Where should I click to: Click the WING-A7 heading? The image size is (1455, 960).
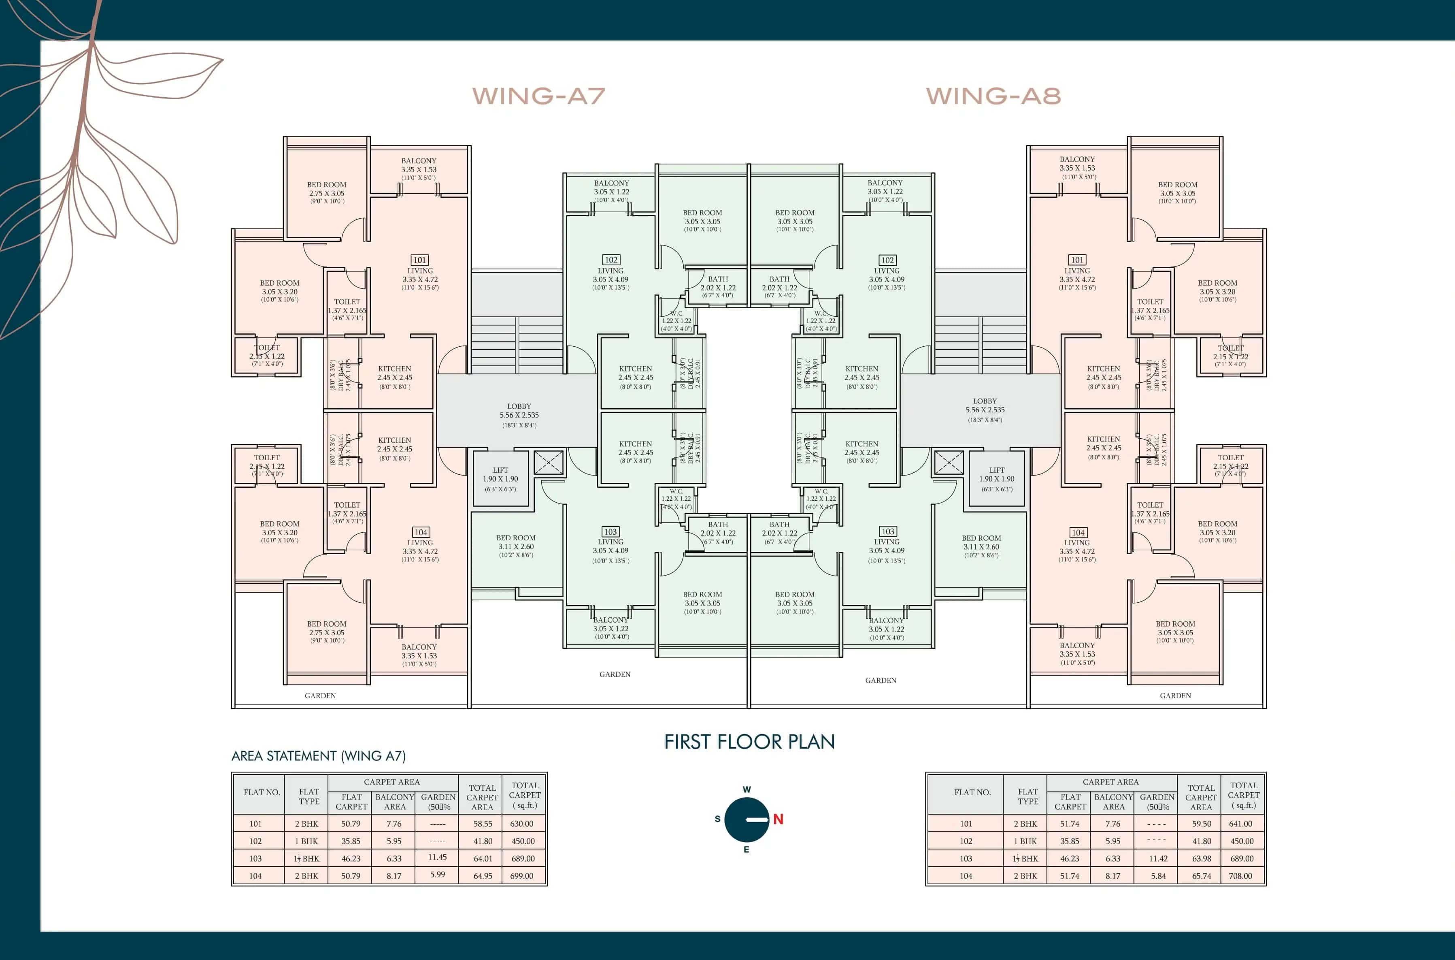538,96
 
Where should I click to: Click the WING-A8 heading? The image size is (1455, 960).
993,96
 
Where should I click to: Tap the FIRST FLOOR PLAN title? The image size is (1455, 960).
749,742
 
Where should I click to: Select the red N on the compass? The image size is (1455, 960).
778,819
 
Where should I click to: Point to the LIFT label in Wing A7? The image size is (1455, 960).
500,470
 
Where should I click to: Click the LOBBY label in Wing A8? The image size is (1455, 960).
985,401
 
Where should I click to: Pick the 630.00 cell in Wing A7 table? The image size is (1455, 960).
522,824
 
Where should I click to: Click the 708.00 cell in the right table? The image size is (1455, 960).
1240,876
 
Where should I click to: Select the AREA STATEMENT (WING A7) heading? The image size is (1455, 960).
318,756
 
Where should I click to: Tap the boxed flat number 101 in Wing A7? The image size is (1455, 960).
420,260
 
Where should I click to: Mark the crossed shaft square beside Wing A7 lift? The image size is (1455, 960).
548,463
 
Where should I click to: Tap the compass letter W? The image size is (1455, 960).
747,790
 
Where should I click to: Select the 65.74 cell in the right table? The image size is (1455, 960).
1201,876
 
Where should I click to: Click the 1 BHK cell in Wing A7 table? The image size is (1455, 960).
306,841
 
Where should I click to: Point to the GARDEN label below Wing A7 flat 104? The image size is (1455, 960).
320,695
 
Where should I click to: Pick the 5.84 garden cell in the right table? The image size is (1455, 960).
1157,876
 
